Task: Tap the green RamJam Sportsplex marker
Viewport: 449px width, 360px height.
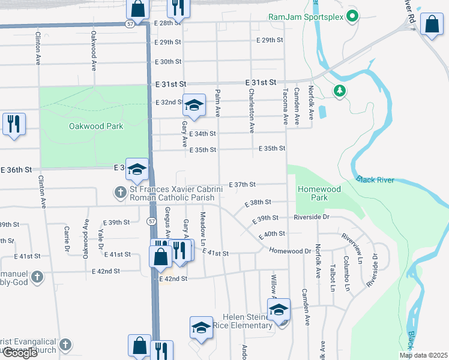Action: (353, 17)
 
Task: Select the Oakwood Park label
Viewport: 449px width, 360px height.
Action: (96, 126)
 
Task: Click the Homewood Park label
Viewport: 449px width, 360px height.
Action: (319, 193)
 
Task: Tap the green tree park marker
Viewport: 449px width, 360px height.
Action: (340, 91)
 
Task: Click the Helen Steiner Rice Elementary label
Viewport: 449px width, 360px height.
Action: (248, 321)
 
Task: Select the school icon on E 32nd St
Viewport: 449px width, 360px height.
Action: (194, 105)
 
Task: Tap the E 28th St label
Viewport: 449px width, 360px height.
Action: (167, 22)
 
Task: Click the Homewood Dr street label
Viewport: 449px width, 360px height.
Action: (290, 251)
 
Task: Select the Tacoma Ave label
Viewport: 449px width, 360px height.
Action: (285, 102)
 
